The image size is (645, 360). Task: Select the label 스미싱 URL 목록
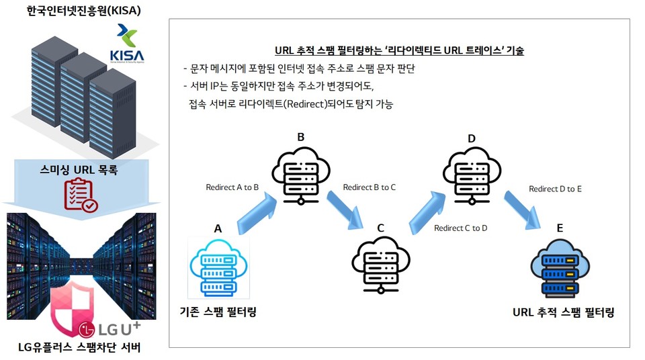pyautogui.click(x=79, y=171)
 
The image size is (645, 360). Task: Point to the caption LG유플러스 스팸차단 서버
pyautogui.click(x=79, y=347)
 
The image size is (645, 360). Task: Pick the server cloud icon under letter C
pyautogui.click(x=380, y=265)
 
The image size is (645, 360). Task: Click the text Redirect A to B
pyautogui.click(x=232, y=187)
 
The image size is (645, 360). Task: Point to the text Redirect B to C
pyautogui.click(x=370, y=187)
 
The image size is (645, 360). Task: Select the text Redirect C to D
pyautogui.click(x=461, y=228)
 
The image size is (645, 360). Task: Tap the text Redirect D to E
pyautogui.click(x=555, y=189)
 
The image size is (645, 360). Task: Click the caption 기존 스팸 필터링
pyautogui.click(x=218, y=312)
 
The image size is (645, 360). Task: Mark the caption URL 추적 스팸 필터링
pyautogui.click(x=563, y=312)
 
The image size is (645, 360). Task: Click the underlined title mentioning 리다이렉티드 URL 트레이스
pyautogui.click(x=399, y=50)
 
